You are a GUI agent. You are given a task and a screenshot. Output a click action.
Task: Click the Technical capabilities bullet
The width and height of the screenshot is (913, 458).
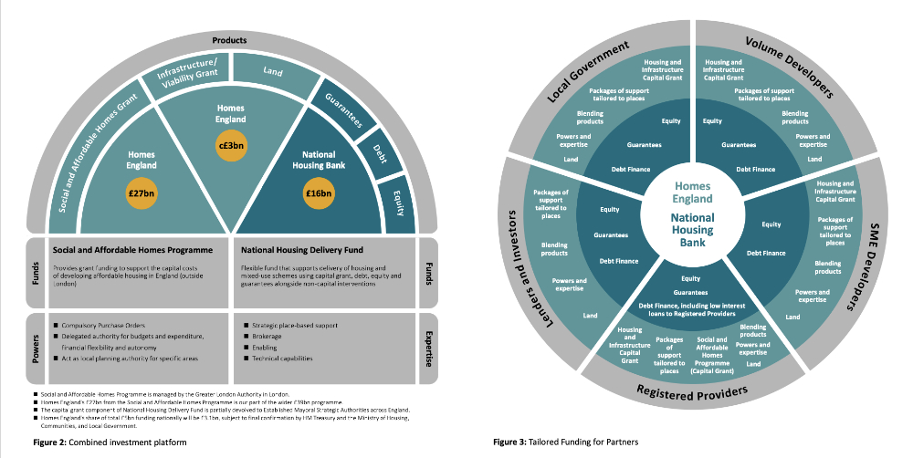pos(280,358)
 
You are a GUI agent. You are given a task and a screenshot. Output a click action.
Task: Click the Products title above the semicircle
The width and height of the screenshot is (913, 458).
pos(230,41)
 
